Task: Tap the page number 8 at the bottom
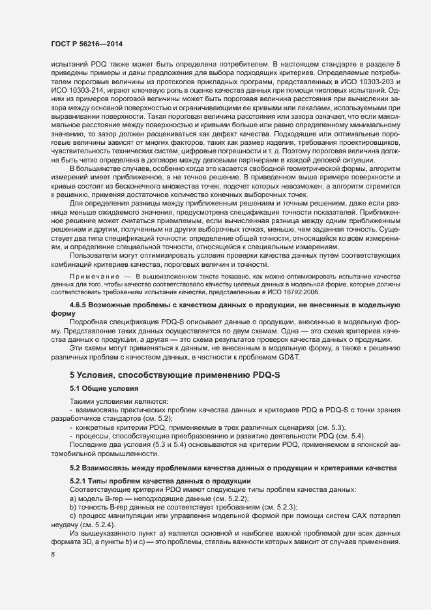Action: (x=53, y=555)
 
